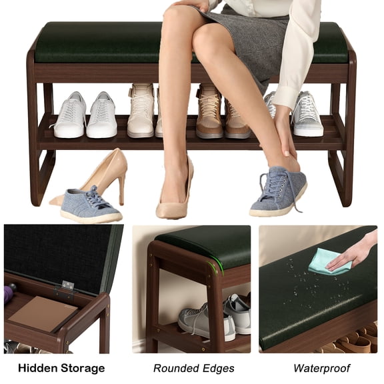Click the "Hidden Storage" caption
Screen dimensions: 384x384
tap(61, 368)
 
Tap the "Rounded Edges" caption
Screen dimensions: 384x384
tap(193, 368)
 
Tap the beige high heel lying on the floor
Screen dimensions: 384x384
tap(100, 175)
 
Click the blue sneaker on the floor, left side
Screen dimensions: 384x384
tap(90, 205)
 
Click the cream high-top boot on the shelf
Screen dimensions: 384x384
tap(141, 111)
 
